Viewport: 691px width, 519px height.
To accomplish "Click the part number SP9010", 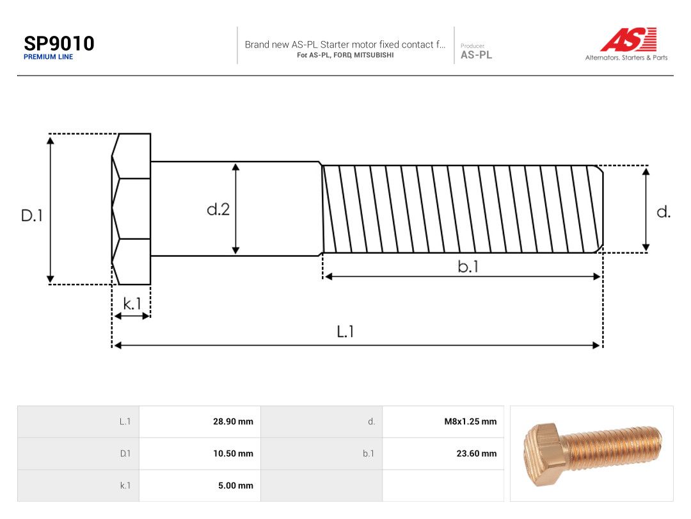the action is click(x=59, y=44).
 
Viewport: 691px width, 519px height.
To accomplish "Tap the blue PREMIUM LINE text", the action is click(x=49, y=57).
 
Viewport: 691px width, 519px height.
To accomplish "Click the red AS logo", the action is click(x=628, y=39).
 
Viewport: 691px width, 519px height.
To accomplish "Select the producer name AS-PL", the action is click(x=477, y=55).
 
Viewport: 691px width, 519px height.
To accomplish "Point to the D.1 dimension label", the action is click(x=32, y=215).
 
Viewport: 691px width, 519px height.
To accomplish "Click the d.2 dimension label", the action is click(x=218, y=209).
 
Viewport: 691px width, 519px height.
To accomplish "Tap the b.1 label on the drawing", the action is click(x=468, y=266).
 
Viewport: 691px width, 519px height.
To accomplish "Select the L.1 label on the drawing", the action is click(x=345, y=331).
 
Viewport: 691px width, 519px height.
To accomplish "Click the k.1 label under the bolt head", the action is click(x=132, y=304).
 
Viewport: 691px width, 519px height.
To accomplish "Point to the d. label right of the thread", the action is click(x=663, y=212).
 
